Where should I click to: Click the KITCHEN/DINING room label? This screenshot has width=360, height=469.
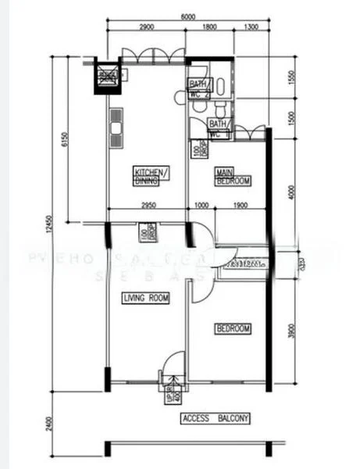pos(151,176)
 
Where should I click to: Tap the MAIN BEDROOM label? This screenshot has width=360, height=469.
pos(233,177)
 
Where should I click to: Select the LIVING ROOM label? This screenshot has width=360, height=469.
pos(146,298)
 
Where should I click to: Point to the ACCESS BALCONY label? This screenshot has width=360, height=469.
pos(216,419)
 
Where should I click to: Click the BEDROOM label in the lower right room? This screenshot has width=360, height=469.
pos(233,329)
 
